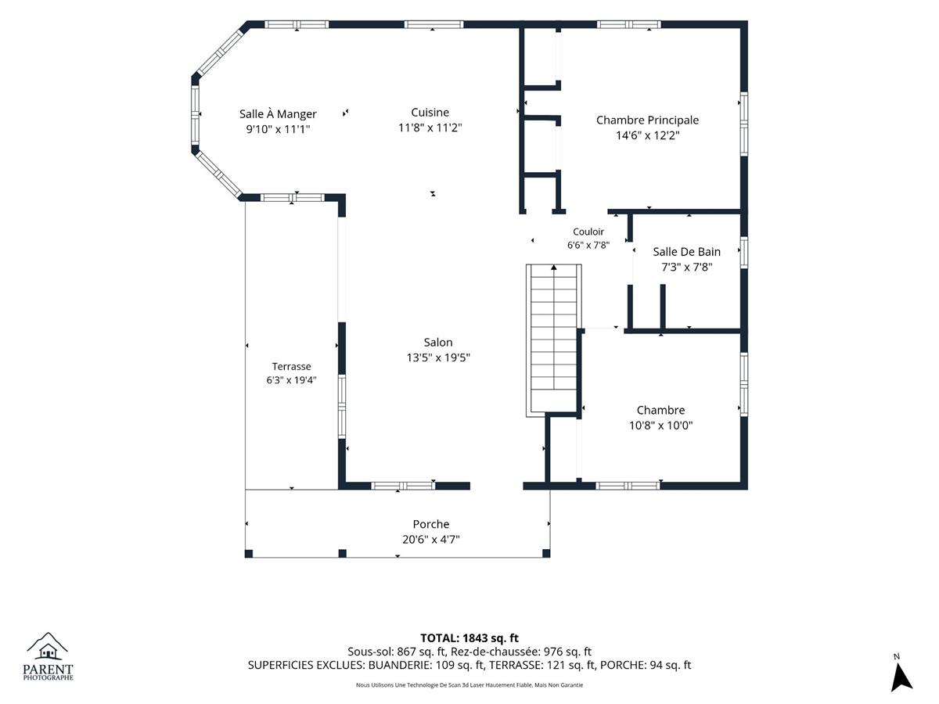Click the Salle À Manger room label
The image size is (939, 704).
pos(278,114)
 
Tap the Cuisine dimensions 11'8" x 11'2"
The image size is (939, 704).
pos(430,128)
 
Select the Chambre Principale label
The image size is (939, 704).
pos(647,120)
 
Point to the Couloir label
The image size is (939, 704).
pos(588,232)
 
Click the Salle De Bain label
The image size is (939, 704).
pos(686,252)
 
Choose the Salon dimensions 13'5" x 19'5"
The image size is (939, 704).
pos(438,357)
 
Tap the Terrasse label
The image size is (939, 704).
pos(291,366)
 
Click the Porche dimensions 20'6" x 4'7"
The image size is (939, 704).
pos(431,540)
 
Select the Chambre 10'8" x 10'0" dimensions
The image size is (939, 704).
pos(660,426)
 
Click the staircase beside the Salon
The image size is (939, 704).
pos(553,341)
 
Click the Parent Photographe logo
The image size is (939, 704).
pos(48,656)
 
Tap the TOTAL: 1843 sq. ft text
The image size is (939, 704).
pos(469,638)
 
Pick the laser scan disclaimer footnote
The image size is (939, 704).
pos(469,685)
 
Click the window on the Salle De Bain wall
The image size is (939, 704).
pos(744,252)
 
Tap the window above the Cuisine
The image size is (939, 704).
pos(434,24)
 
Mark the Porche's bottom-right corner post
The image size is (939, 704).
pos(546,554)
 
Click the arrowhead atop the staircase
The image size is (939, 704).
pos(553,268)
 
